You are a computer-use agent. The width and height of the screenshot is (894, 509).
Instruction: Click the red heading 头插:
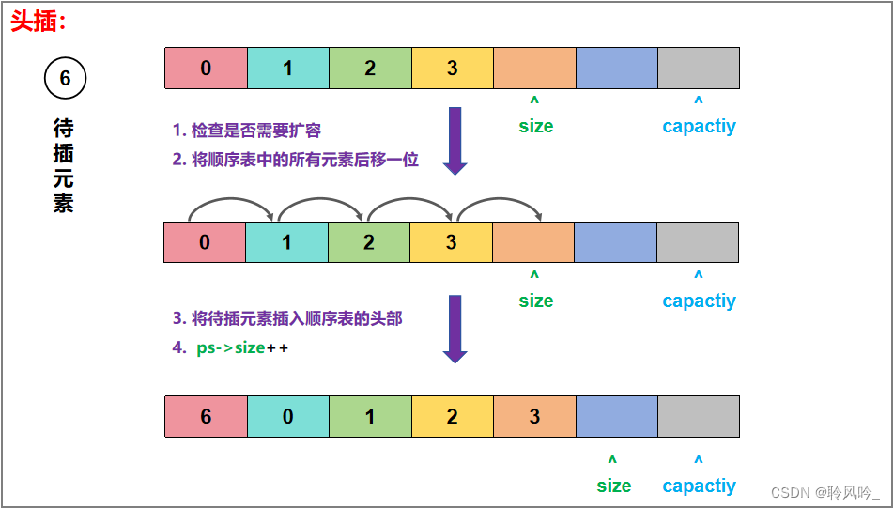click(x=39, y=21)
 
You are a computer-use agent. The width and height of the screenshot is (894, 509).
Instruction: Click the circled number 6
click(x=65, y=79)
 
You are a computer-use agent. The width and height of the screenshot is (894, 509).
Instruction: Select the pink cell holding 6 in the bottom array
click(x=206, y=416)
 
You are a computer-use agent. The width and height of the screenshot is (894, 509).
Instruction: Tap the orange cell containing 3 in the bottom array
click(x=534, y=416)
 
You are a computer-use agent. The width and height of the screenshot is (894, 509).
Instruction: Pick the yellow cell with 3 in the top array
click(x=452, y=68)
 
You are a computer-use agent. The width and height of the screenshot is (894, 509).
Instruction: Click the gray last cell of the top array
click(x=698, y=68)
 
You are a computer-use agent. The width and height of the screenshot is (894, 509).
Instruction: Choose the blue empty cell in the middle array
click(x=615, y=242)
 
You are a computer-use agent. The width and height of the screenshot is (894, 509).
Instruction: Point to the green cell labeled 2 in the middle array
click(x=369, y=242)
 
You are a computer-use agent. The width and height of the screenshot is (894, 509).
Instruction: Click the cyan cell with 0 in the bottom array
click(x=287, y=416)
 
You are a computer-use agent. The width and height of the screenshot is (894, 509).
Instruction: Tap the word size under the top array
click(x=536, y=126)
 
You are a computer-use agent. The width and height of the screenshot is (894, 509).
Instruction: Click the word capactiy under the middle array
click(x=699, y=301)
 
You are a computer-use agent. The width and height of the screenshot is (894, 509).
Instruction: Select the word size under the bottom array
click(x=613, y=486)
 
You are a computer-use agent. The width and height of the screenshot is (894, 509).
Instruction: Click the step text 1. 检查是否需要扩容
click(x=247, y=131)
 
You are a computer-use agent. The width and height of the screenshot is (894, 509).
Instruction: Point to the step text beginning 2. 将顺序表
click(x=295, y=160)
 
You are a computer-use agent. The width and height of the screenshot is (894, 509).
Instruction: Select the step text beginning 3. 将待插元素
click(x=287, y=319)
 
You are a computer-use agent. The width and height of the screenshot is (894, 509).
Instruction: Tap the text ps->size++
click(x=242, y=347)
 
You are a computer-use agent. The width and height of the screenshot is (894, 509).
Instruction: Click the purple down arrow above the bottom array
click(x=455, y=329)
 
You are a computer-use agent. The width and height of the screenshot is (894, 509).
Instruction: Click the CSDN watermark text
click(x=825, y=492)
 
